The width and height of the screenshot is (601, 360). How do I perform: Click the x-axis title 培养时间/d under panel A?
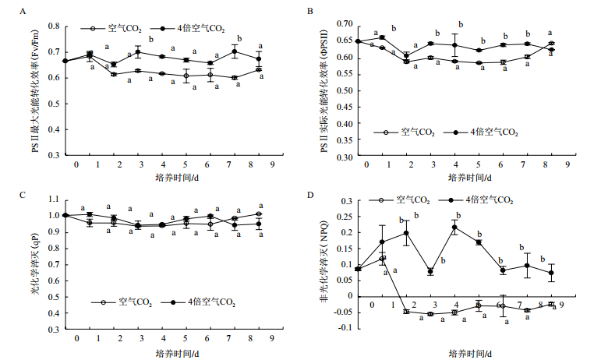175,178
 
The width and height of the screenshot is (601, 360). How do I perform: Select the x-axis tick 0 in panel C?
76,340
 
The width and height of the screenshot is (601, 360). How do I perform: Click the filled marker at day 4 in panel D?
455,228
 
